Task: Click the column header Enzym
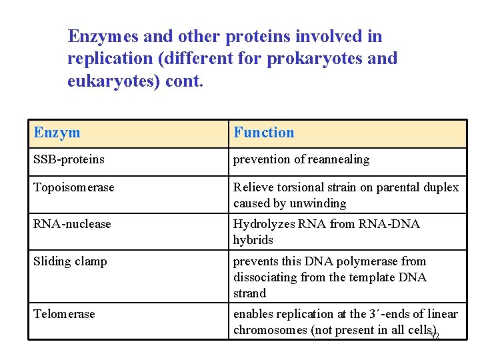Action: (57, 133)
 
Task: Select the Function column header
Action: (263, 133)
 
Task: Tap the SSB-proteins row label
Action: (69, 159)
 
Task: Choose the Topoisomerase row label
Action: (74, 187)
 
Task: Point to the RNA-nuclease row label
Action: (72, 224)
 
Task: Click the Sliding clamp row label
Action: (70, 261)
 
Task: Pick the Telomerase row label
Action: (64, 314)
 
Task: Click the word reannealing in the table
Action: (339, 159)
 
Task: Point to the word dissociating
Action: (263, 277)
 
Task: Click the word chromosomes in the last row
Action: (271, 330)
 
